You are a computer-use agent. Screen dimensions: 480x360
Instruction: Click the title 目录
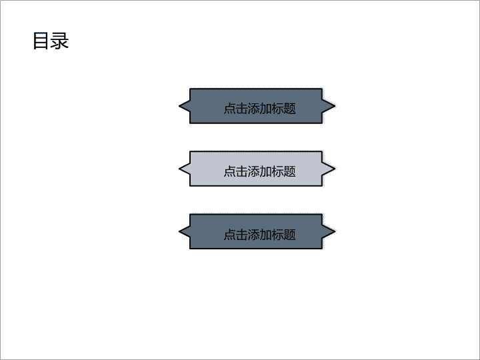pyautogui.click(x=51, y=41)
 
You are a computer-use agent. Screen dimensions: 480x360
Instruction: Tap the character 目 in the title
pyautogui.click(x=41, y=41)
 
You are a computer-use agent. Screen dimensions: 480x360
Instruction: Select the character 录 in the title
pyautogui.click(x=60, y=41)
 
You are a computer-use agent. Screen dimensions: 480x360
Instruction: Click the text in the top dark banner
pyautogui.click(x=259, y=109)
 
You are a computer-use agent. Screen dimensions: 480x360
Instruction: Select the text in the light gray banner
pyautogui.click(x=259, y=171)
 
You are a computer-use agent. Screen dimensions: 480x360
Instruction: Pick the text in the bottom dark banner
pyautogui.click(x=259, y=234)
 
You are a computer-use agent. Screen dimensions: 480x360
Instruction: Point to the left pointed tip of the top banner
pyautogui.click(x=179, y=106)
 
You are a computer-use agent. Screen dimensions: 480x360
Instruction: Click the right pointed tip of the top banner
pyautogui.click(x=335, y=106)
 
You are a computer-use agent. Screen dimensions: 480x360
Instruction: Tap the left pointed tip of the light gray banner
pyautogui.click(x=179, y=169)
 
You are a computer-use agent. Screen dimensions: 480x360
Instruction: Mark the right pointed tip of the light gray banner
pyautogui.click(x=335, y=169)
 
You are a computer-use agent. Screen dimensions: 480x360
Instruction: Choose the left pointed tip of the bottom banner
pyautogui.click(x=179, y=231)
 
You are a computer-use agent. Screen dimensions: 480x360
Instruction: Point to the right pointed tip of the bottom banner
pyautogui.click(x=335, y=231)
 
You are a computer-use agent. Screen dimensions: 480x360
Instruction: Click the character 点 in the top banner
pyautogui.click(x=229, y=109)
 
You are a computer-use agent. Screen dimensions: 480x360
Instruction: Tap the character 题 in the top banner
pyautogui.click(x=290, y=109)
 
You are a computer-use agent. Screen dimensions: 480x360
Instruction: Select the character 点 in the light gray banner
pyautogui.click(x=229, y=171)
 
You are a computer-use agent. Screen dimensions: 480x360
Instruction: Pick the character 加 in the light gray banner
pyautogui.click(x=266, y=171)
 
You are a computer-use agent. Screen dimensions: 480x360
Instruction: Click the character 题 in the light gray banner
pyautogui.click(x=290, y=171)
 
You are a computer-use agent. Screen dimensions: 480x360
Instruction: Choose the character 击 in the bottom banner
pyautogui.click(x=241, y=234)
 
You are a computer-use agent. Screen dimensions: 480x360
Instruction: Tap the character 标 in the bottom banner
pyautogui.click(x=277, y=234)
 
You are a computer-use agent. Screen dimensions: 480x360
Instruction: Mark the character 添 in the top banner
pyautogui.click(x=254, y=109)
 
